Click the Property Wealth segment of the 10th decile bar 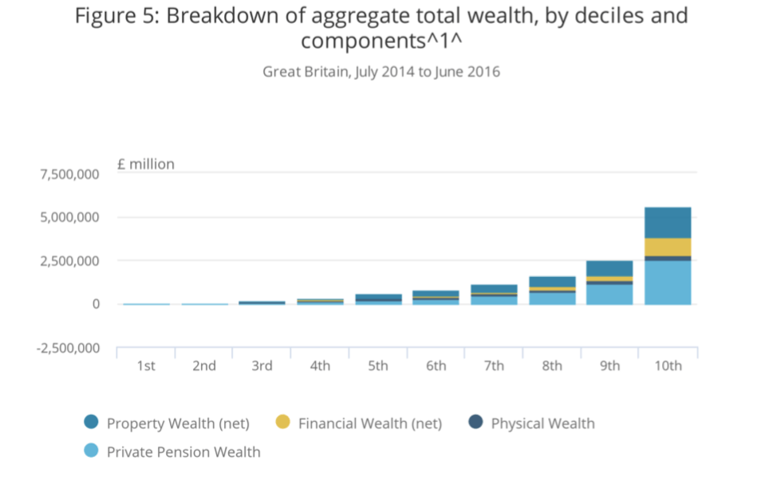[x=668, y=223]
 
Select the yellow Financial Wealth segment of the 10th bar [x=668, y=246]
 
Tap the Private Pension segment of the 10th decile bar [x=668, y=282]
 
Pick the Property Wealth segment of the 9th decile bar [x=609, y=268]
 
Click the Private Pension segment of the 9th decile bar [x=609, y=294]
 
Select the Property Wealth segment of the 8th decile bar [x=552, y=282]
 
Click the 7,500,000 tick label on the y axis [x=70, y=174]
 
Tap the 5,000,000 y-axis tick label [x=70, y=218]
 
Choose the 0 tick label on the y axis [x=95, y=305]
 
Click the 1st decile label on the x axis [x=146, y=365]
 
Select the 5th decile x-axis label [x=378, y=365]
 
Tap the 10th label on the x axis [x=668, y=365]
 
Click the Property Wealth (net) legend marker [x=91, y=423]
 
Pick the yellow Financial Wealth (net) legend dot [x=282, y=423]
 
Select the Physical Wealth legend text [x=542, y=423]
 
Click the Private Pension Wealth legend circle [x=91, y=452]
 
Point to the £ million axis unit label [x=145, y=164]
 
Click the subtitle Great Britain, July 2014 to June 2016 [x=381, y=72]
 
